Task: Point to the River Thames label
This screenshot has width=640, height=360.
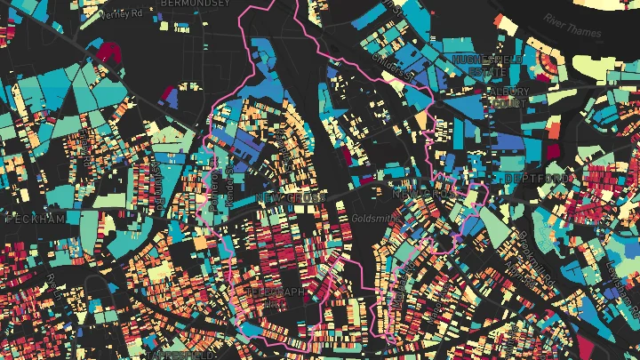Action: tap(573, 26)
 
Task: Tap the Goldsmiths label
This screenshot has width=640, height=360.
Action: tap(372, 216)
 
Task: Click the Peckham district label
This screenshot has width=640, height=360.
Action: tap(35, 219)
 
